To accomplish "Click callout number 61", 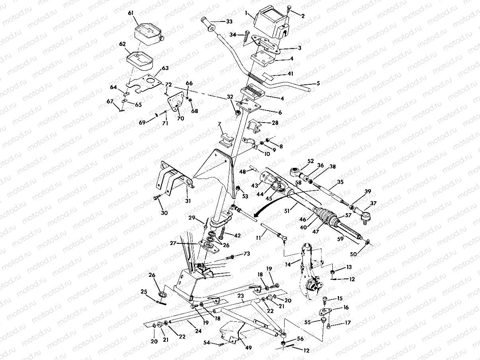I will pyautogui.click(x=130, y=13).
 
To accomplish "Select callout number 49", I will pyautogui.click(x=248, y=348).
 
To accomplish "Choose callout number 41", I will pyautogui.click(x=291, y=74).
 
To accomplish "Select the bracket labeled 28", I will pyautogui.click(x=254, y=126).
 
